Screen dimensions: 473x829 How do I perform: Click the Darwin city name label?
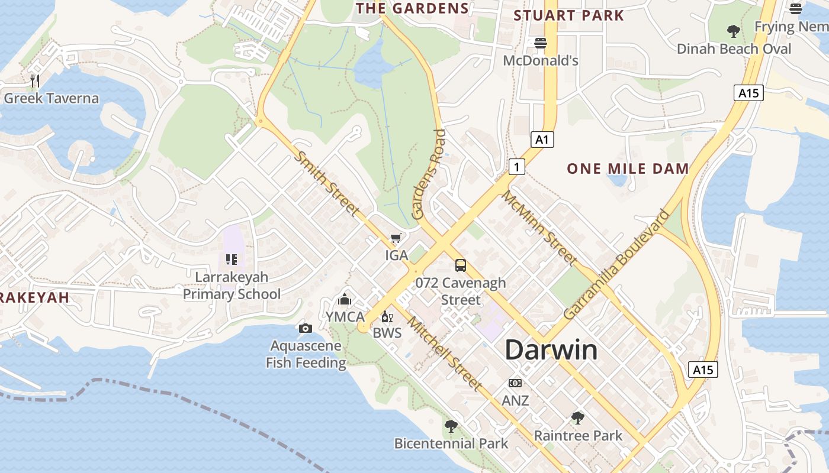tap(551, 350)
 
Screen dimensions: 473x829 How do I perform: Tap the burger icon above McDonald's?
tap(540, 43)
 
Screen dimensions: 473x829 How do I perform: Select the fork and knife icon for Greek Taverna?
tap(35, 81)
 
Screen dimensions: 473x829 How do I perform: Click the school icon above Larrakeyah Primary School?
tap(232, 259)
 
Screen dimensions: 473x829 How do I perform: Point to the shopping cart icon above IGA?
tap(396, 238)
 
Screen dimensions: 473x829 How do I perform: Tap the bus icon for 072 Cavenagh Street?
tap(460, 265)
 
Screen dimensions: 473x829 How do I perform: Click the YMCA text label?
tap(345, 317)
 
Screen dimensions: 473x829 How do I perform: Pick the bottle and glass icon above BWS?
tap(387, 317)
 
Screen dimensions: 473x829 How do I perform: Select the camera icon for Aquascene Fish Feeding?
tap(306, 328)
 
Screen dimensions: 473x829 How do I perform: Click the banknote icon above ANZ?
tap(515, 383)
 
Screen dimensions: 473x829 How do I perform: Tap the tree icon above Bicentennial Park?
tap(451, 426)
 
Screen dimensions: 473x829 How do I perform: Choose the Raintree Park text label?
tap(578, 436)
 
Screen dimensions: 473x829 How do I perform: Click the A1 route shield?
tap(542, 140)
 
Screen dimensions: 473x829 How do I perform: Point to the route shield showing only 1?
tap(517, 167)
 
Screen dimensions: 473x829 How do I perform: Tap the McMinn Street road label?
tap(539, 228)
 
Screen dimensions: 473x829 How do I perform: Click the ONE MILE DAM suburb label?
tap(628, 169)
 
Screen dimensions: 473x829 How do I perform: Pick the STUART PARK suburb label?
tap(568, 15)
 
